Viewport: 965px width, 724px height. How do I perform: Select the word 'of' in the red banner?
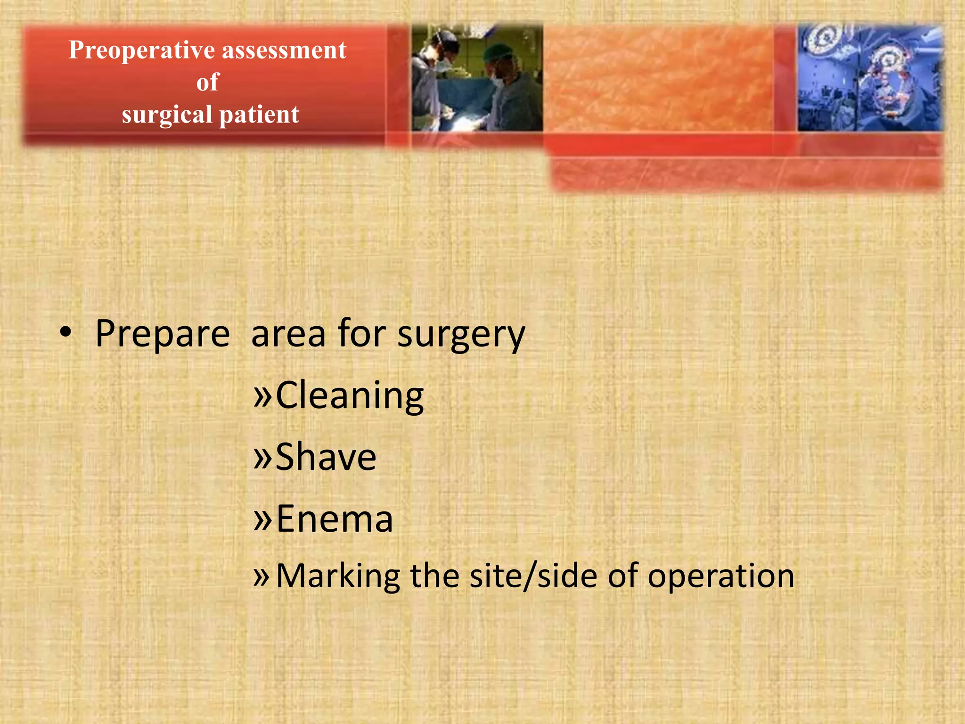[208, 82]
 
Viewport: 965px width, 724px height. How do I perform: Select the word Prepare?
[163, 334]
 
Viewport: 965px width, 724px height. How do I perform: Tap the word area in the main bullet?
[288, 334]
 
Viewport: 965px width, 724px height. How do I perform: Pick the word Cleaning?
[350, 396]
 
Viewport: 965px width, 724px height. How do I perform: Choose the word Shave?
[326, 457]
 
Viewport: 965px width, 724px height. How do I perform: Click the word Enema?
[334, 518]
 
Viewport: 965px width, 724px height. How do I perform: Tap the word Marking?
[338, 576]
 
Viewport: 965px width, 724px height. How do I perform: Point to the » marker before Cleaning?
[262, 396]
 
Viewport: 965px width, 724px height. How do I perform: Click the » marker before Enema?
[262, 518]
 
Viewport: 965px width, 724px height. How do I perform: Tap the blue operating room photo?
[870, 78]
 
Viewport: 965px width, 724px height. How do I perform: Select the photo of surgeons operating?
[477, 78]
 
